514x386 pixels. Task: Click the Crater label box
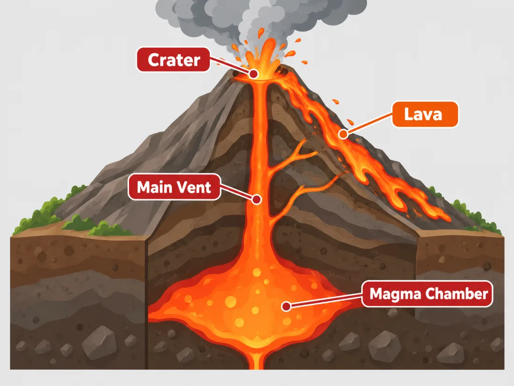173,59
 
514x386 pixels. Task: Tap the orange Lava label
425,114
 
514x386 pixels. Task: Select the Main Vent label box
174,187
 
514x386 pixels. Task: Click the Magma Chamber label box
427,294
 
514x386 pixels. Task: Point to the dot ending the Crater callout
253,74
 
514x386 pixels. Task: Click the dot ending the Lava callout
343,134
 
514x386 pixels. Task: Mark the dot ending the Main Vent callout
257,199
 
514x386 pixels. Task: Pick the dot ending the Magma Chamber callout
286,306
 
